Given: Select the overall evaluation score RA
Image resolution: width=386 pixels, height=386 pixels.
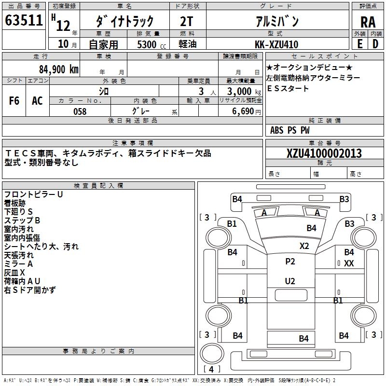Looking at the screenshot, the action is click(x=368, y=22).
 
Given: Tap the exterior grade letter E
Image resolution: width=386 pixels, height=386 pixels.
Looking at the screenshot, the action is click(x=360, y=43).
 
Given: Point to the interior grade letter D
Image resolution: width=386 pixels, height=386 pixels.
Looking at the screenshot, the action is click(x=375, y=43).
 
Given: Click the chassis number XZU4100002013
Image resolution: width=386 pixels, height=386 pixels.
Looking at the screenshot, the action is click(x=324, y=153).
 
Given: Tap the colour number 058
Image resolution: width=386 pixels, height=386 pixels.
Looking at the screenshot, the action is click(x=80, y=111).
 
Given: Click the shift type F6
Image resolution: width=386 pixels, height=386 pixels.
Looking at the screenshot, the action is click(x=14, y=101).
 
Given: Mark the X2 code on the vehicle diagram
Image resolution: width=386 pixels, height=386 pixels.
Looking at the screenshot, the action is click(x=304, y=246).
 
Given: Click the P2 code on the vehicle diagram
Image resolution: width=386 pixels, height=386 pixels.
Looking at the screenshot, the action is click(x=290, y=262).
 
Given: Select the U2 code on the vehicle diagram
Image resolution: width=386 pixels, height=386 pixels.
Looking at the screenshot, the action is click(x=290, y=281).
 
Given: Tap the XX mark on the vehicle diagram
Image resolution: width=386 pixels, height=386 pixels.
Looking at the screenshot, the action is click(x=349, y=263).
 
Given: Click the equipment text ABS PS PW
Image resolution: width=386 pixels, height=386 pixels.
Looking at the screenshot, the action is click(x=290, y=130).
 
